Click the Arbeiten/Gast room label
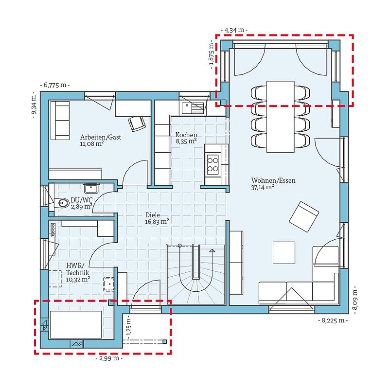(101, 137)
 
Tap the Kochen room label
(186, 135)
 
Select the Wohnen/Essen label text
(273, 180)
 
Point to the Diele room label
(153, 215)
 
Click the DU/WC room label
(81, 200)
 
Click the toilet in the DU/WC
(62, 203)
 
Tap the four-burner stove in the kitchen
(212, 165)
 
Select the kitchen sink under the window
(193, 108)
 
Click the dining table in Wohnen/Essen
(281, 116)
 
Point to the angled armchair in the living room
(304, 217)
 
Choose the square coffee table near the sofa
(284, 253)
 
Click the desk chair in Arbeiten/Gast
(137, 124)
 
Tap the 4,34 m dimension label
(234, 30)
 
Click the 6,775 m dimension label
(55, 85)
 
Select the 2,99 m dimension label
(109, 358)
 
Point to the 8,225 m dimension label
(333, 320)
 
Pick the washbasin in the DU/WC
(91, 188)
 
